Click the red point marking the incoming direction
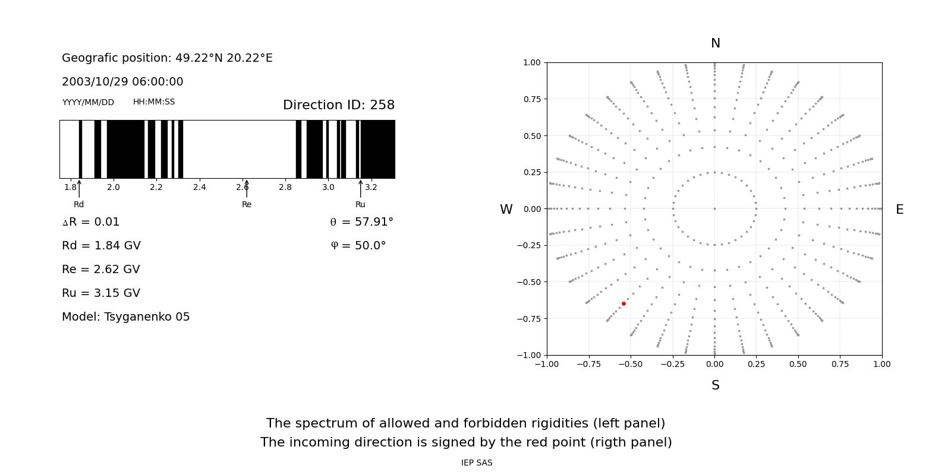tap(623, 303)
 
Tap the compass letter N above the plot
tap(715, 43)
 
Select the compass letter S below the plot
tap(715, 385)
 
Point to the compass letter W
tap(506, 210)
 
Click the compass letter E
tap(899, 210)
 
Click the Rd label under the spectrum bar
tap(78, 204)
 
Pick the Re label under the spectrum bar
tap(247, 204)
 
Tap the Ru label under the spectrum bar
tap(360, 204)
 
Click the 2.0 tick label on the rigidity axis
tap(113, 187)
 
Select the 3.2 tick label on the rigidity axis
tap(371, 187)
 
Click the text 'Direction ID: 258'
tap(339, 105)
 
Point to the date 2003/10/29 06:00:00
tap(122, 82)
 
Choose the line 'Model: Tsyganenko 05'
tap(126, 317)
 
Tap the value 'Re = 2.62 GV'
tap(101, 270)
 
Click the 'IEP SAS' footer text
tap(477, 463)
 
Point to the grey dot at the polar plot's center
tap(714, 208)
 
